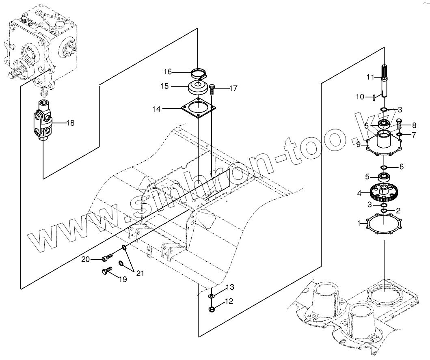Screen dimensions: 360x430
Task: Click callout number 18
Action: [x=70, y=123]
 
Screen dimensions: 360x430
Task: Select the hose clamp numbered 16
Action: [x=199, y=73]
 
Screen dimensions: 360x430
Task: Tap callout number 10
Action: [x=360, y=97]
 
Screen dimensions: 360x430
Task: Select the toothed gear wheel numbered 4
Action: [x=384, y=193]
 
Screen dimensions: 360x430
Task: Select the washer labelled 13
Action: [x=212, y=297]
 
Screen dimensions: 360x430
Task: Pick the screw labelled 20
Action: [x=107, y=258]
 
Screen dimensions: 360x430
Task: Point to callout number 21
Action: [x=140, y=274]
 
